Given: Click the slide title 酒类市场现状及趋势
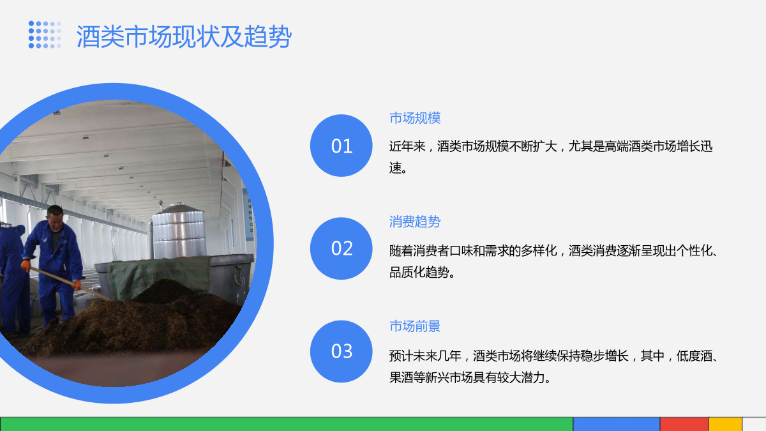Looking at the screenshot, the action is tap(184, 36).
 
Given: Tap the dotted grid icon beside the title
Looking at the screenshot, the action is tap(45, 34).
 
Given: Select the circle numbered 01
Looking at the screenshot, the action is tap(342, 146).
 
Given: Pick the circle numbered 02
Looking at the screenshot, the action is tap(342, 248).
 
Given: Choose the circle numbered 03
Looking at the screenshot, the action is tap(342, 351).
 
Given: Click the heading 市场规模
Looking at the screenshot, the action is tap(415, 118).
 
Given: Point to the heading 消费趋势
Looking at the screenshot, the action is tap(415, 222).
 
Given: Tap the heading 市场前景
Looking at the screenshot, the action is tap(415, 326).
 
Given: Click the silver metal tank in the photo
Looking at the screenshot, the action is tap(179, 232).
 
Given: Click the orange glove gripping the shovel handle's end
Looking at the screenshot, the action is tap(26, 266).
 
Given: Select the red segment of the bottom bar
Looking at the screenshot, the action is tap(684, 424).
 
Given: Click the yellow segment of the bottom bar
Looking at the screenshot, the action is tap(725, 424).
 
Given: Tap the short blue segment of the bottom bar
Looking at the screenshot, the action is tap(616, 424).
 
